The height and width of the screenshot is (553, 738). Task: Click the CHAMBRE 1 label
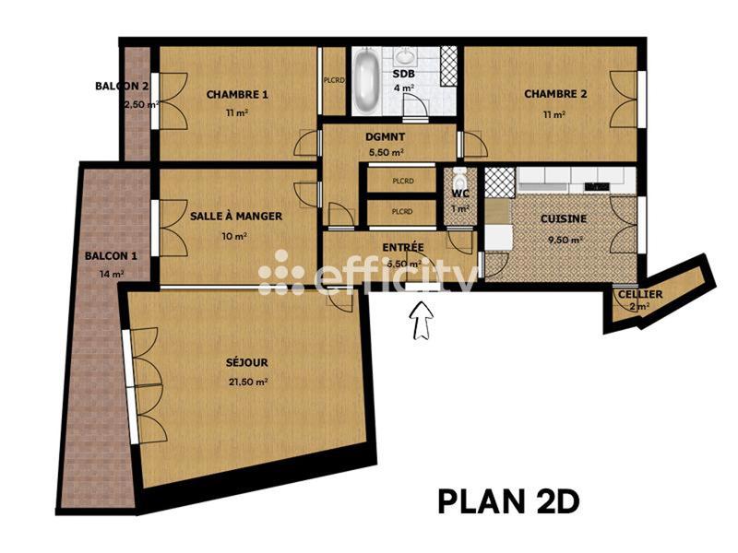[237, 94]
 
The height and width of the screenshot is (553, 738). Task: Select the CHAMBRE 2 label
[555, 94]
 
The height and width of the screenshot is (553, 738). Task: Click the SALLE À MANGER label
[236, 217]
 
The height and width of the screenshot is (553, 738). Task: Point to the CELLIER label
[639, 294]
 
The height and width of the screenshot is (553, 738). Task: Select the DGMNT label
[385, 135]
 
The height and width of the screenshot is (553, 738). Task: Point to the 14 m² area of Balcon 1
[112, 274]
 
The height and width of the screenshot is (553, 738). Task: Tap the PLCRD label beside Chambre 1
[333, 79]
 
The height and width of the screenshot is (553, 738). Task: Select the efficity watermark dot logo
[280, 273]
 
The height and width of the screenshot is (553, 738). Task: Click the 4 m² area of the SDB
[403, 88]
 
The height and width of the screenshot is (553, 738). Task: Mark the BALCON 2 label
[122, 86]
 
